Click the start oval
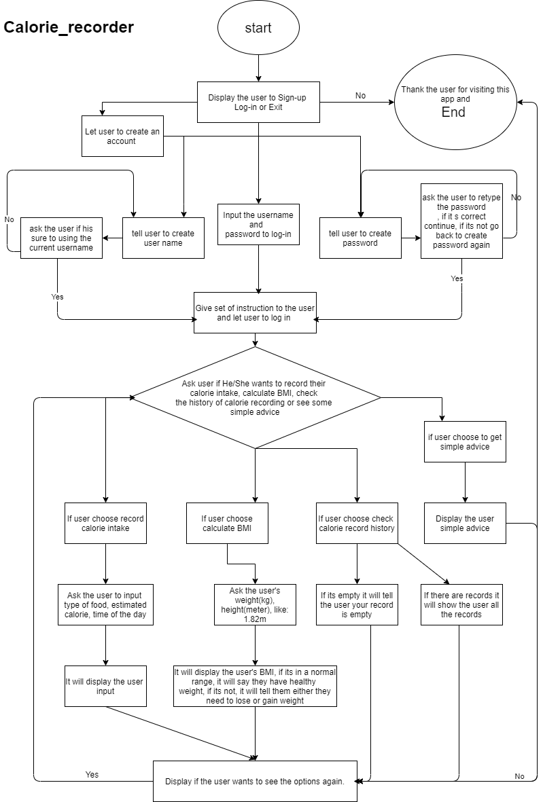[258, 29]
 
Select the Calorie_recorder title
[69, 28]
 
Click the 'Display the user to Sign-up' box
[258, 103]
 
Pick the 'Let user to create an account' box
[122, 136]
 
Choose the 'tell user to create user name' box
[163, 238]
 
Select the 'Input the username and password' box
[258, 224]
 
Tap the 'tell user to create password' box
[360, 238]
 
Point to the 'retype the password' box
[461, 221]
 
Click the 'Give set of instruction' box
[255, 312]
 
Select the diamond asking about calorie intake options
[255, 397]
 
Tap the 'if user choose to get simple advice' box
[465, 441]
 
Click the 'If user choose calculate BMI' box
[227, 523]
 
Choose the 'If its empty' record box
[357, 604]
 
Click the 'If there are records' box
[461, 604]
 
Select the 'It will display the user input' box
[105, 686]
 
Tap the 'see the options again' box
[255, 781]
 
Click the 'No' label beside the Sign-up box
[360, 96]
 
